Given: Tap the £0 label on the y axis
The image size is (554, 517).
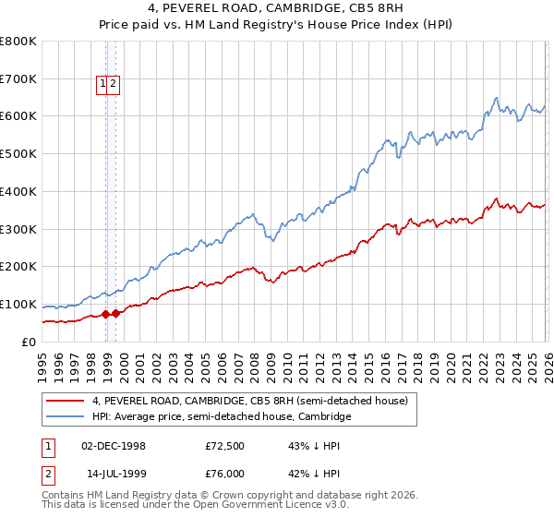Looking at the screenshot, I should (28, 342).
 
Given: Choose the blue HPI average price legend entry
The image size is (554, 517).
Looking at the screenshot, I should (222, 417).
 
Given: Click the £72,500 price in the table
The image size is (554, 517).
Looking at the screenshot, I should (224, 446).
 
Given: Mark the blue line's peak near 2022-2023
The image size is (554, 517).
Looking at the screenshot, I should (497, 98).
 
